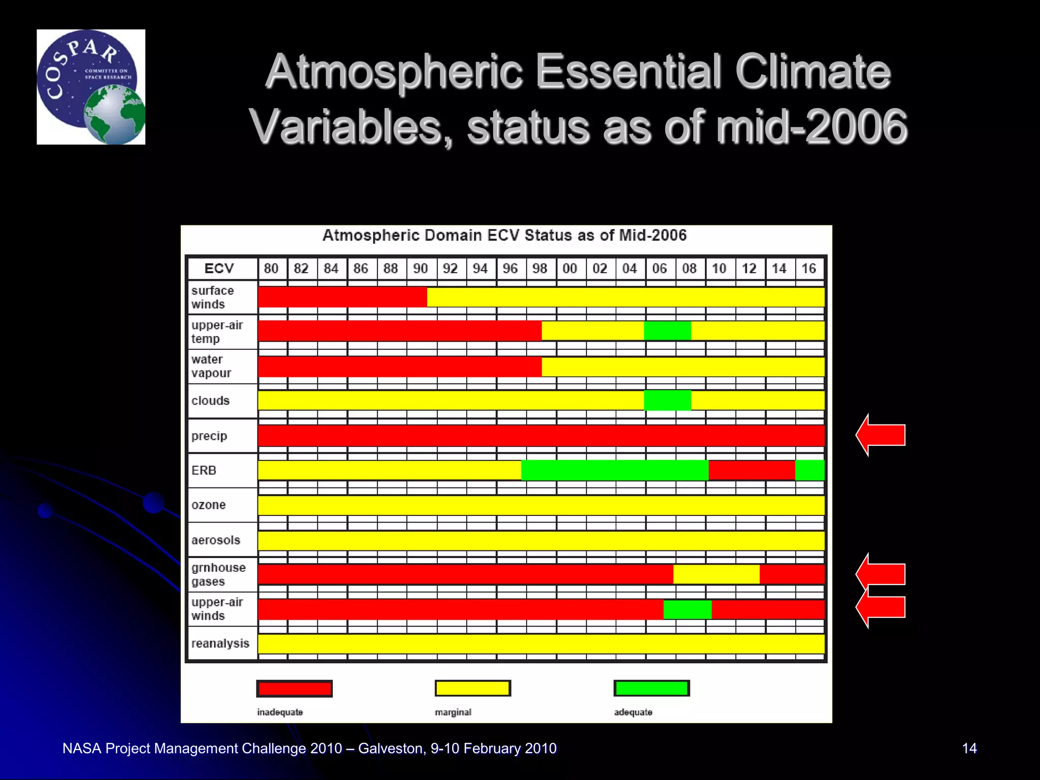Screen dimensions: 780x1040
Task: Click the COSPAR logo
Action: pos(91,87)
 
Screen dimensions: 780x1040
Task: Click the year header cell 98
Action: pos(540,268)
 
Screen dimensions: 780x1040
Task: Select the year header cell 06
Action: pos(659,268)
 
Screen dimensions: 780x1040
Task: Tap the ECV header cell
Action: pos(219,268)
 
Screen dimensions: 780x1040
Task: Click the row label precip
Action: pos(209,436)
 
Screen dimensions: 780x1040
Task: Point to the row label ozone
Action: pos(209,505)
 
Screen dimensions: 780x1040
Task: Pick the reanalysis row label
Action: pos(220,643)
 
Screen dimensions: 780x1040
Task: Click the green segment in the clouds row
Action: pos(667,400)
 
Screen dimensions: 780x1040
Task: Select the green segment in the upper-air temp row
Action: pos(667,331)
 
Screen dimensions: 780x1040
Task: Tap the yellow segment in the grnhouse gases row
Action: pos(716,574)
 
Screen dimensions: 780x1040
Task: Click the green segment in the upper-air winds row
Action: pos(687,609)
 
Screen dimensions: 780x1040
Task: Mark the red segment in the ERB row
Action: pos(752,470)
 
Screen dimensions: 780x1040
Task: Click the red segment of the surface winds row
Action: pos(342,297)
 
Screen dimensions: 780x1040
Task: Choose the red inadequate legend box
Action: pos(295,689)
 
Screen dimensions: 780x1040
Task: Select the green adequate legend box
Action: pos(652,689)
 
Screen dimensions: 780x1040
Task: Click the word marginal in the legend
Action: pos(453,712)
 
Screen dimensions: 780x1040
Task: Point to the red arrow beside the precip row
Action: pos(881,435)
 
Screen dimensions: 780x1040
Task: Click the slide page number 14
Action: pos(969,748)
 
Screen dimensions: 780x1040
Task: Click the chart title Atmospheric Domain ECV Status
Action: pos(504,235)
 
